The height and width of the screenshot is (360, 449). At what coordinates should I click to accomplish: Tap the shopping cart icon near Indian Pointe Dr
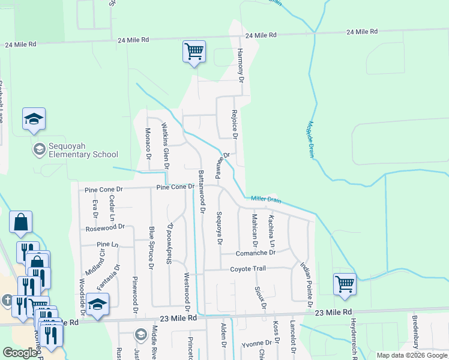click(345, 284)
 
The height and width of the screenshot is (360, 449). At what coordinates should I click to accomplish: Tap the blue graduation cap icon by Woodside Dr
click(97, 304)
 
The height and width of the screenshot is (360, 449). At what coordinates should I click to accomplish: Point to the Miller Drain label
click(266, 199)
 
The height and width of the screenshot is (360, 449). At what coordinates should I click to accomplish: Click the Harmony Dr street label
click(240, 65)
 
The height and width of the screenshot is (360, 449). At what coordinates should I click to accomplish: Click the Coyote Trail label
click(247, 269)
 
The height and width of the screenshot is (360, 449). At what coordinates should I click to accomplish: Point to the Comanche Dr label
click(255, 253)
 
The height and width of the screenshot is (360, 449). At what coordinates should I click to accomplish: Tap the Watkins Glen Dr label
click(165, 145)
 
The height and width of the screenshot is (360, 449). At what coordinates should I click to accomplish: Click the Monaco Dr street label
click(148, 144)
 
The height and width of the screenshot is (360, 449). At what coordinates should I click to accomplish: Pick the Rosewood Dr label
click(104, 227)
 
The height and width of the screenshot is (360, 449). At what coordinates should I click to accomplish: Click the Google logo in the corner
click(20, 353)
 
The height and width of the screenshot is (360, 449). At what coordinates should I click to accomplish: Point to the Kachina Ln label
click(272, 231)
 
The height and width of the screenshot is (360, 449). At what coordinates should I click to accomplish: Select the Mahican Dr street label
click(255, 231)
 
